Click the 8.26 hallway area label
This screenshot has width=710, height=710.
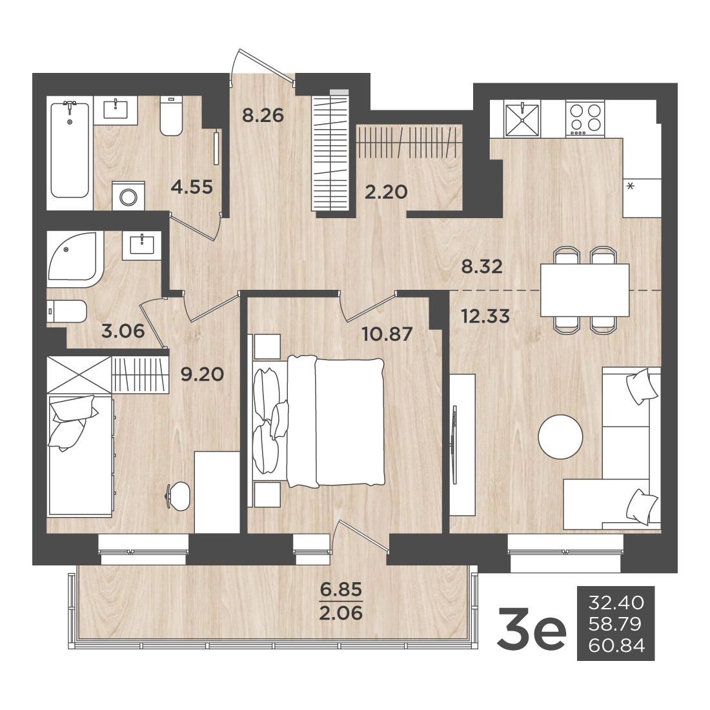pyautogui.click(x=263, y=116)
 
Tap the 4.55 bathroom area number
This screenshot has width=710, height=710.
pyautogui.click(x=192, y=187)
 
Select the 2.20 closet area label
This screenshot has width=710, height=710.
pyautogui.click(x=386, y=192)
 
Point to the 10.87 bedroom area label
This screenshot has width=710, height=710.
pyautogui.click(x=387, y=334)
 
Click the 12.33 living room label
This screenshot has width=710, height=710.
pyautogui.click(x=485, y=316)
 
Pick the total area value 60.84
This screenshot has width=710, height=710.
pyautogui.click(x=616, y=645)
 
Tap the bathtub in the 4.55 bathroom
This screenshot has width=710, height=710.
pyautogui.click(x=70, y=150)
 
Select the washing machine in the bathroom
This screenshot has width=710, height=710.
pyautogui.click(x=128, y=196)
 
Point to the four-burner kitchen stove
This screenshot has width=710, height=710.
pyautogui.click(x=585, y=119)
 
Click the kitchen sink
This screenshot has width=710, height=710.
pyautogui.click(x=522, y=119)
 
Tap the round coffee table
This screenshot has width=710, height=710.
pyautogui.click(x=560, y=437)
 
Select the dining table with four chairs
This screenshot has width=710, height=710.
pyautogui.click(x=585, y=290)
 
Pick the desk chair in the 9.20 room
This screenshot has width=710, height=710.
pyautogui.click(x=179, y=496)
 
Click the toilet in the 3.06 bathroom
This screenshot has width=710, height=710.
pyautogui.click(x=66, y=311)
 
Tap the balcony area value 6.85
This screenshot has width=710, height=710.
pyautogui.click(x=341, y=589)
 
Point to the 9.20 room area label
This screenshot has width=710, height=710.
pyautogui.click(x=202, y=374)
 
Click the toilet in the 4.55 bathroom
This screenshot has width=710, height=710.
pyautogui.click(x=171, y=116)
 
